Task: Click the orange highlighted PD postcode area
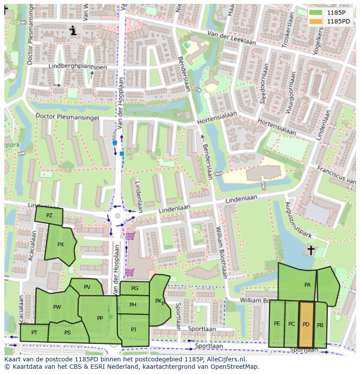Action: tap(306, 324)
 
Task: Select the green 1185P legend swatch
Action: tap(317, 13)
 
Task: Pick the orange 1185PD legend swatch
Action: tap(317, 21)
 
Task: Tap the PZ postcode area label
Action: tap(49, 215)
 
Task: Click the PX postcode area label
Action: tap(60, 245)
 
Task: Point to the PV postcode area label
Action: tap(87, 287)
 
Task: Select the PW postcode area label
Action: tap(57, 307)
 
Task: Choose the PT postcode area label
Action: tap(34, 333)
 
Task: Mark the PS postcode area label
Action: tap(67, 333)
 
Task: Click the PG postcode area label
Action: tap(134, 288)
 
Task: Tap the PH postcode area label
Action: tap(133, 305)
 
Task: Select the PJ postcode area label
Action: tap(133, 329)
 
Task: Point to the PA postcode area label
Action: tap(307, 285)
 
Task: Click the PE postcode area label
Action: tap(277, 324)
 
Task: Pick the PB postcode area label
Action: tap(320, 325)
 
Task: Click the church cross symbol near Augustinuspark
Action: tap(310, 250)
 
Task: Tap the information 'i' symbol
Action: tap(73, 30)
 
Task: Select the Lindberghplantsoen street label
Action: tap(71, 66)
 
